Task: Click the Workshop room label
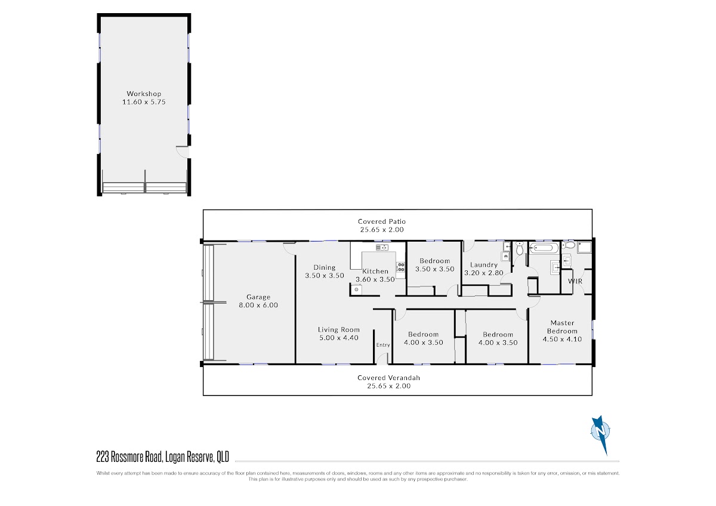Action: [x=144, y=94]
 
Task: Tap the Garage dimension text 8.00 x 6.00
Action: [x=258, y=305]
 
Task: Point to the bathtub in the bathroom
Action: [x=544, y=248]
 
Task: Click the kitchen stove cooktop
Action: [x=400, y=267]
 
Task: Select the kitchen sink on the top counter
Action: [x=382, y=247]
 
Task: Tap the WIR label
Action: [x=575, y=281]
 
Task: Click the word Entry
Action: [x=383, y=345]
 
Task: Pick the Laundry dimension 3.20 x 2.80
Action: [x=484, y=273]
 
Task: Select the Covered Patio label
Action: [x=382, y=221]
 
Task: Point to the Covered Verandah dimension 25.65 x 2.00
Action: [x=388, y=386]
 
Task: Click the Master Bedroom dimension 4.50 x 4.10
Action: [x=562, y=339]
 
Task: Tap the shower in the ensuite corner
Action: [x=584, y=248]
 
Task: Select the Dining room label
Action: [x=325, y=267]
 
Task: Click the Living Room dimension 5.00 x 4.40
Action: [x=339, y=338]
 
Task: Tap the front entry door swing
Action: [x=382, y=359]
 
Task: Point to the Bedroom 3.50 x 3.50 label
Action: [x=435, y=265]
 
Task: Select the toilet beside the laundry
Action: [x=520, y=248]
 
